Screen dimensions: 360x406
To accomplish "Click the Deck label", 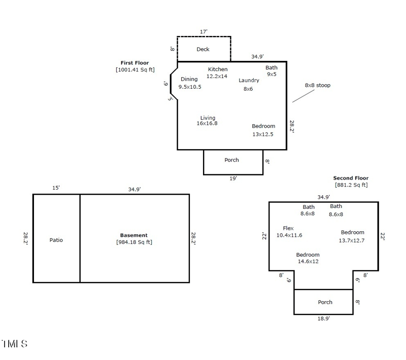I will click(203, 49).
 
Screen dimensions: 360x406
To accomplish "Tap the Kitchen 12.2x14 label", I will click(217, 73).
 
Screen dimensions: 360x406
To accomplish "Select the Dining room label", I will click(189, 83).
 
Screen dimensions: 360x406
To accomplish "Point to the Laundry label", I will click(249, 84).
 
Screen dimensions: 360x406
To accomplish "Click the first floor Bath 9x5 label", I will click(272, 70).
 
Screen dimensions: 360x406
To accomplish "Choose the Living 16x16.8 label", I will click(207, 121).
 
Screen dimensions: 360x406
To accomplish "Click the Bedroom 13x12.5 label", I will click(263, 130).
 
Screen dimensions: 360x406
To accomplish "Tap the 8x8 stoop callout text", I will click(317, 85).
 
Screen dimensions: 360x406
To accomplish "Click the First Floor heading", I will click(134, 63).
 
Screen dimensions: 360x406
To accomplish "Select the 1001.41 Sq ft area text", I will click(135, 69).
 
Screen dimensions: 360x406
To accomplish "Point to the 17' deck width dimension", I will click(204, 31).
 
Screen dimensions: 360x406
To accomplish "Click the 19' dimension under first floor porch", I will click(233, 178).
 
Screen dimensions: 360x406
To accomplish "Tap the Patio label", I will click(56, 240).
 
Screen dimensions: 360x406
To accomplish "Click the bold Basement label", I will click(134, 235).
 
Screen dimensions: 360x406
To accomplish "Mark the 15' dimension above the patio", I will click(56, 188).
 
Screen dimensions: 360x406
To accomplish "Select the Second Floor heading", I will click(351, 178).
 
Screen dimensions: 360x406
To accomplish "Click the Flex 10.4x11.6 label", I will click(289, 232).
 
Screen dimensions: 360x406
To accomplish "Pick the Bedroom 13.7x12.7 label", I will click(352, 236).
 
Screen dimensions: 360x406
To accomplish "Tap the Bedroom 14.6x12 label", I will click(308, 258).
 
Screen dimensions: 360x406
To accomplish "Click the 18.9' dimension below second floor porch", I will click(323, 318).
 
